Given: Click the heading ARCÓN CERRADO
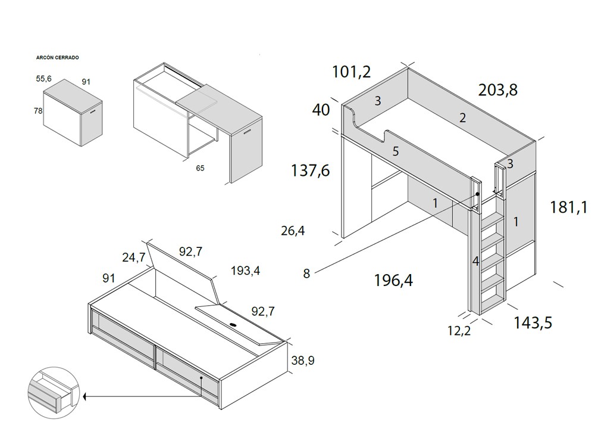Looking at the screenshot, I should tap(58, 58).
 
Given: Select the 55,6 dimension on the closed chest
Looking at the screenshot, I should tap(44, 78).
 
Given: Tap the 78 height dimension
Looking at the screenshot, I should tap(38, 110).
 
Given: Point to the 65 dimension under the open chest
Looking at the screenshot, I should tap(200, 168).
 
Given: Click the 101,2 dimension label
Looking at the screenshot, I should tap(351, 72).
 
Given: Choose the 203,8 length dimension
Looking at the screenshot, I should tap(497, 90).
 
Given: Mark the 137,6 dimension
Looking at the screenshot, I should tap(310, 170).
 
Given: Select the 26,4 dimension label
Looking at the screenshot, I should tap(293, 230).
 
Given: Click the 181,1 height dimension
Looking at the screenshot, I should tap(569, 207).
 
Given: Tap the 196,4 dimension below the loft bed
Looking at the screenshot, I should tap(393, 280).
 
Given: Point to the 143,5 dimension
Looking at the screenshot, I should tap(533, 322).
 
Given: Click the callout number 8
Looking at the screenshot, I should tap(306, 274).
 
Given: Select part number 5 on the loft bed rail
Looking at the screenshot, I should tap(396, 151).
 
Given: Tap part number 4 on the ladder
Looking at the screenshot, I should tap(475, 261).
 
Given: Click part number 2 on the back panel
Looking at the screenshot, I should tap(462, 118).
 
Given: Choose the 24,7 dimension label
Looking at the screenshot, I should tap(134, 257).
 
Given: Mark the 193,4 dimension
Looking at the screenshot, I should tap(246, 272).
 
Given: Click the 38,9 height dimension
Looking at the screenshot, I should tap(303, 360).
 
